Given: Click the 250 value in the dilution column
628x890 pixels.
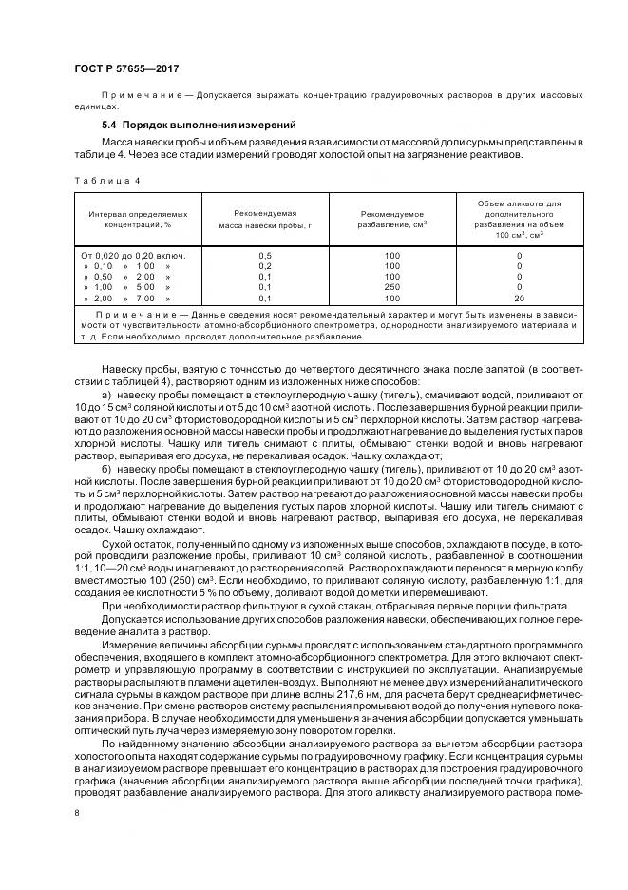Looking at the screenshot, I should coord(392,287).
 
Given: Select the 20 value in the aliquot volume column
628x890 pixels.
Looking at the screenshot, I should coord(519,298).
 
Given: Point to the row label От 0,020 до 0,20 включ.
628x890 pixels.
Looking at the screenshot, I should coord(133,256).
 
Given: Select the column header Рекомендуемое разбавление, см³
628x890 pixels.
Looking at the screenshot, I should coord(392,221).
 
